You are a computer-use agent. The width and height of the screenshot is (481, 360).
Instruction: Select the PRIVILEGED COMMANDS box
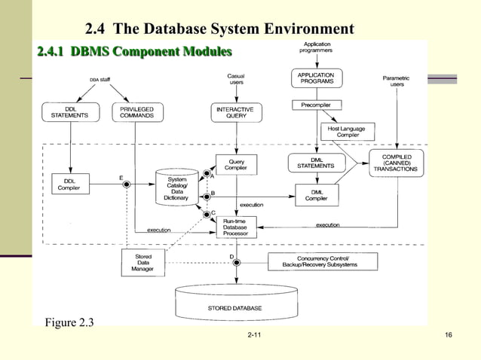137,112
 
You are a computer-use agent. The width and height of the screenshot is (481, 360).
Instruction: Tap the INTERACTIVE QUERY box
236,113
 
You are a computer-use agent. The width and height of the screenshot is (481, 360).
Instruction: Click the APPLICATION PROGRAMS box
316,78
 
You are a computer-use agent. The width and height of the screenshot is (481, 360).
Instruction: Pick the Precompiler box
316,105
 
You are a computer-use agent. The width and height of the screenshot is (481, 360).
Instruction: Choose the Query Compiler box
235,164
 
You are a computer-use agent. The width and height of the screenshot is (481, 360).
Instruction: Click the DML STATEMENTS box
316,163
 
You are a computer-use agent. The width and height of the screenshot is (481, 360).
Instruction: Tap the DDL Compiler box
69,185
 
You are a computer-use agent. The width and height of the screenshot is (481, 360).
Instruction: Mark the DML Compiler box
316,194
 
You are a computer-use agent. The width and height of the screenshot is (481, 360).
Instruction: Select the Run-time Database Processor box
235,227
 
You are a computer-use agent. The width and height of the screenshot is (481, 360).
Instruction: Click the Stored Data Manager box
142,261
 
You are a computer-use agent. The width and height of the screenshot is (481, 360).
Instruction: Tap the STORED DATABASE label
235,308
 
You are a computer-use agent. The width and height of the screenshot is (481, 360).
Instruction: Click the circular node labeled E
127,184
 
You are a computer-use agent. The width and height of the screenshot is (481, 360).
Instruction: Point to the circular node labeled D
235,261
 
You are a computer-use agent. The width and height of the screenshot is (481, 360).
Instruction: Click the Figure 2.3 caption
70,324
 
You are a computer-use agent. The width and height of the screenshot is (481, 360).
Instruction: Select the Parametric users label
397,81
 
